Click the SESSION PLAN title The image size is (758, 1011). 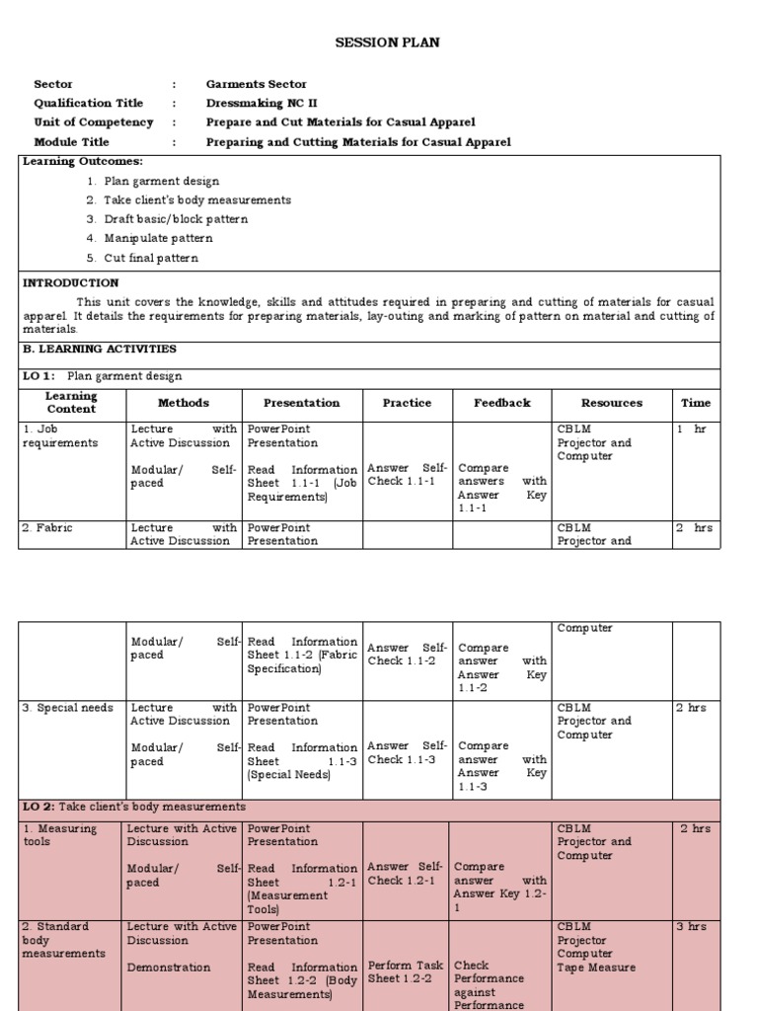point(387,42)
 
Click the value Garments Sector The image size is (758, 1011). point(256,84)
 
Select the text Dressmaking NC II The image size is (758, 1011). point(262,103)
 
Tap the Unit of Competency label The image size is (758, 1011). point(94,122)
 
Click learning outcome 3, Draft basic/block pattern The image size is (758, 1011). point(176,219)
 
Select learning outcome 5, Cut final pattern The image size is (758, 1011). point(151,258)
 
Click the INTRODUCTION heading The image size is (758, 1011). point(70,282)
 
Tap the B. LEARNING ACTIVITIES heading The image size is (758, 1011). point(99,349)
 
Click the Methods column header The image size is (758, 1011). point(184,403)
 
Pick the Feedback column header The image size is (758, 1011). point(501,403)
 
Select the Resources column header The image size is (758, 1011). point(611,403)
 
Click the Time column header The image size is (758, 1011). point(695,403)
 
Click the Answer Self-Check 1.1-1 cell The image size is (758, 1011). point(407,475)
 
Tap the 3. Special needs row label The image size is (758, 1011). point(67,708)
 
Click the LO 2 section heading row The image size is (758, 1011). point(134,807)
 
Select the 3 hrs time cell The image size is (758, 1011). point(695,927)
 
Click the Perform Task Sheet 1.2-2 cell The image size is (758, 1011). point(407,972)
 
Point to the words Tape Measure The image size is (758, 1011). point(596,968)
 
